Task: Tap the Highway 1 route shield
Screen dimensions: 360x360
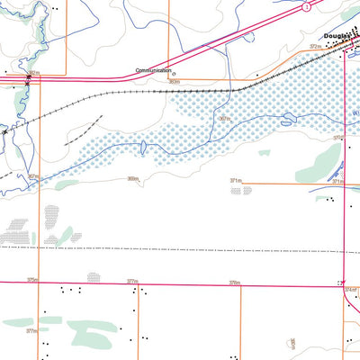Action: click(x=307, y=7)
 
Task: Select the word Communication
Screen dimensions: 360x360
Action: click(x=153, y=69)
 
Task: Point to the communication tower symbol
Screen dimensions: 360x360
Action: click(x=174, y=75)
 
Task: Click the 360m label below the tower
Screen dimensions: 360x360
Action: click(x=174, y=82)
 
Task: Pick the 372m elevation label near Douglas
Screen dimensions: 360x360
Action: click(x=315, y=45)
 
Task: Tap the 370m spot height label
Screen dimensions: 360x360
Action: click(x=339, y=138)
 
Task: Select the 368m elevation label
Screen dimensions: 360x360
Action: click(x=132, y=178)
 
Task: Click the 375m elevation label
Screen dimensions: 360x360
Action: click(x=32, y=280)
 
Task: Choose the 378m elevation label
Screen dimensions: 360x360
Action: click(x=234, y=282)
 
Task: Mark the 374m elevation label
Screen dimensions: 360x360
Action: click(x=351, y=289)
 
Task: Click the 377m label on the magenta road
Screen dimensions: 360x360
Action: click(x=132, y=281)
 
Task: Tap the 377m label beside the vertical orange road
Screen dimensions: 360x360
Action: click(x=31, y=330)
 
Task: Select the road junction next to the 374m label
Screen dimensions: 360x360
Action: click(x=344, y=283)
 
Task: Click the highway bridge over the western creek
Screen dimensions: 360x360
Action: click(x=29, y=80)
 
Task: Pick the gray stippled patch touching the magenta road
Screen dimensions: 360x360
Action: click(x=94, y=277)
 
